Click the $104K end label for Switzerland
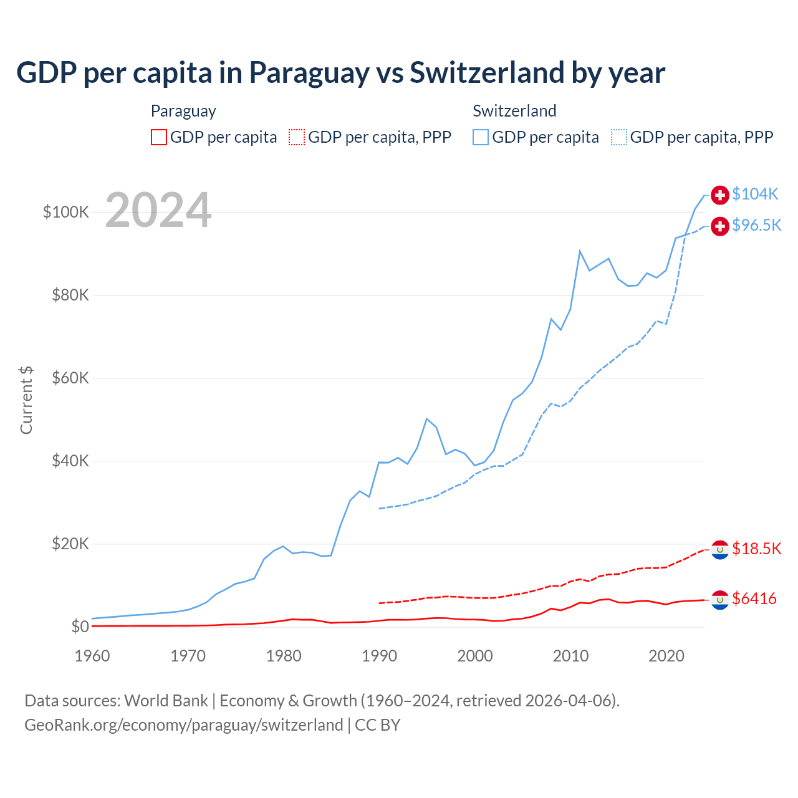[x=755, y=195]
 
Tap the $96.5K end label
[x=756, y=226]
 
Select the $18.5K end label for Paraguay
[x=756, y=549]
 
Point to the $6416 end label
[x=754, y=599]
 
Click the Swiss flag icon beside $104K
[x=720, y=195]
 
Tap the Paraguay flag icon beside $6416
[x=720, y=600]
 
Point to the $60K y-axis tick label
[x=70, y=378]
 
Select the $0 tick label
[x=80, y=627]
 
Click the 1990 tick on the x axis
[x=379, y=656]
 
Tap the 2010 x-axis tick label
[x=570, y=656]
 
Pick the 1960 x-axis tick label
[x=92, y=656]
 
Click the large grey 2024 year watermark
[x=158, y=210]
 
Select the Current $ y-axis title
[x=26, y=400]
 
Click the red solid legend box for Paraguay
[x=159, y=137]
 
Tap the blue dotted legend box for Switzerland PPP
[x=619, y=137]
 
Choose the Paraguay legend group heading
[x=183, y=111]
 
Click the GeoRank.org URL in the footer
[x=184, y=725]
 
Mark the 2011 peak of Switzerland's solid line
[x=580, y=251]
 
